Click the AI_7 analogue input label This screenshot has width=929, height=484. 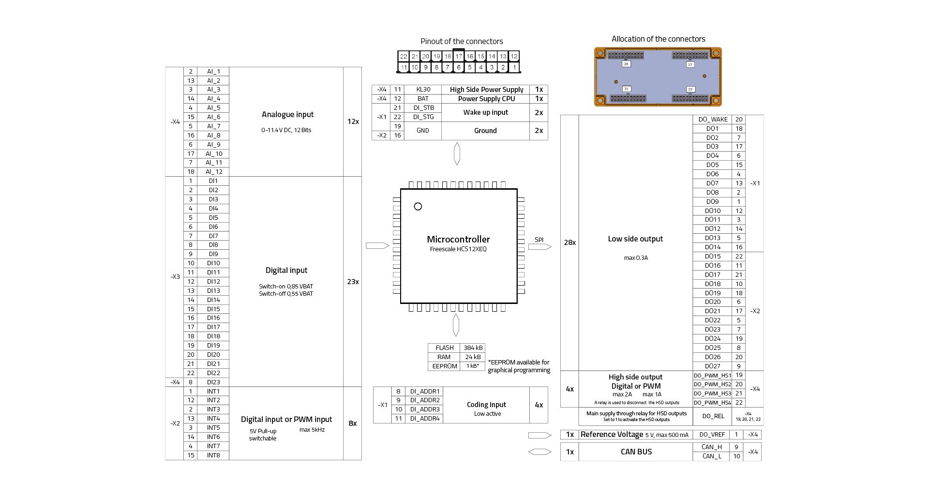click(x=213, y=126)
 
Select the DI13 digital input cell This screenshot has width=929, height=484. click(x=213, y=291)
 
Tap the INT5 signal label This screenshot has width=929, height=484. click(x=213, y=428)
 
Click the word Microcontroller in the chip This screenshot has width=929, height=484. click(x=458, y=239)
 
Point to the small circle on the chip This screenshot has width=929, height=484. click(x=418, y=207)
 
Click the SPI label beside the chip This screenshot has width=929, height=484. click(x=539, y=240)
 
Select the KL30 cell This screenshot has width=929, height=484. click(x=423, y=90)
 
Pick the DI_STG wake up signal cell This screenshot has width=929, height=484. click(x=423, y=117)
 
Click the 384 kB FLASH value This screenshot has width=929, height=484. click(x=473, y=348)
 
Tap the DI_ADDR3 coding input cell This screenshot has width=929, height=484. click(x=424, y=409)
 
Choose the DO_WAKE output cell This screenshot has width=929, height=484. click(x=713, y=120)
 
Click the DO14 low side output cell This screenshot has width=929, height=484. click(x=712, y=247)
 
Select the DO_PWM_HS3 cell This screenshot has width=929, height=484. click(x=712, y=393)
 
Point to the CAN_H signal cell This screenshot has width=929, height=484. click(x=712, y=447)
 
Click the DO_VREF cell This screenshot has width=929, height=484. click(x=712, y=435)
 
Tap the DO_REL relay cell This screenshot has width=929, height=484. click(x=713, y=416)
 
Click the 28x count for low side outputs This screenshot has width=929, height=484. click(x=569, y=242)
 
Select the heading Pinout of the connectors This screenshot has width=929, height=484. click(x=461, y=42)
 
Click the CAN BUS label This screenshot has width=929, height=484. click(x=636, y=452)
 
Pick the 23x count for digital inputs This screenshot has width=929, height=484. click(x=353, y=282)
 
